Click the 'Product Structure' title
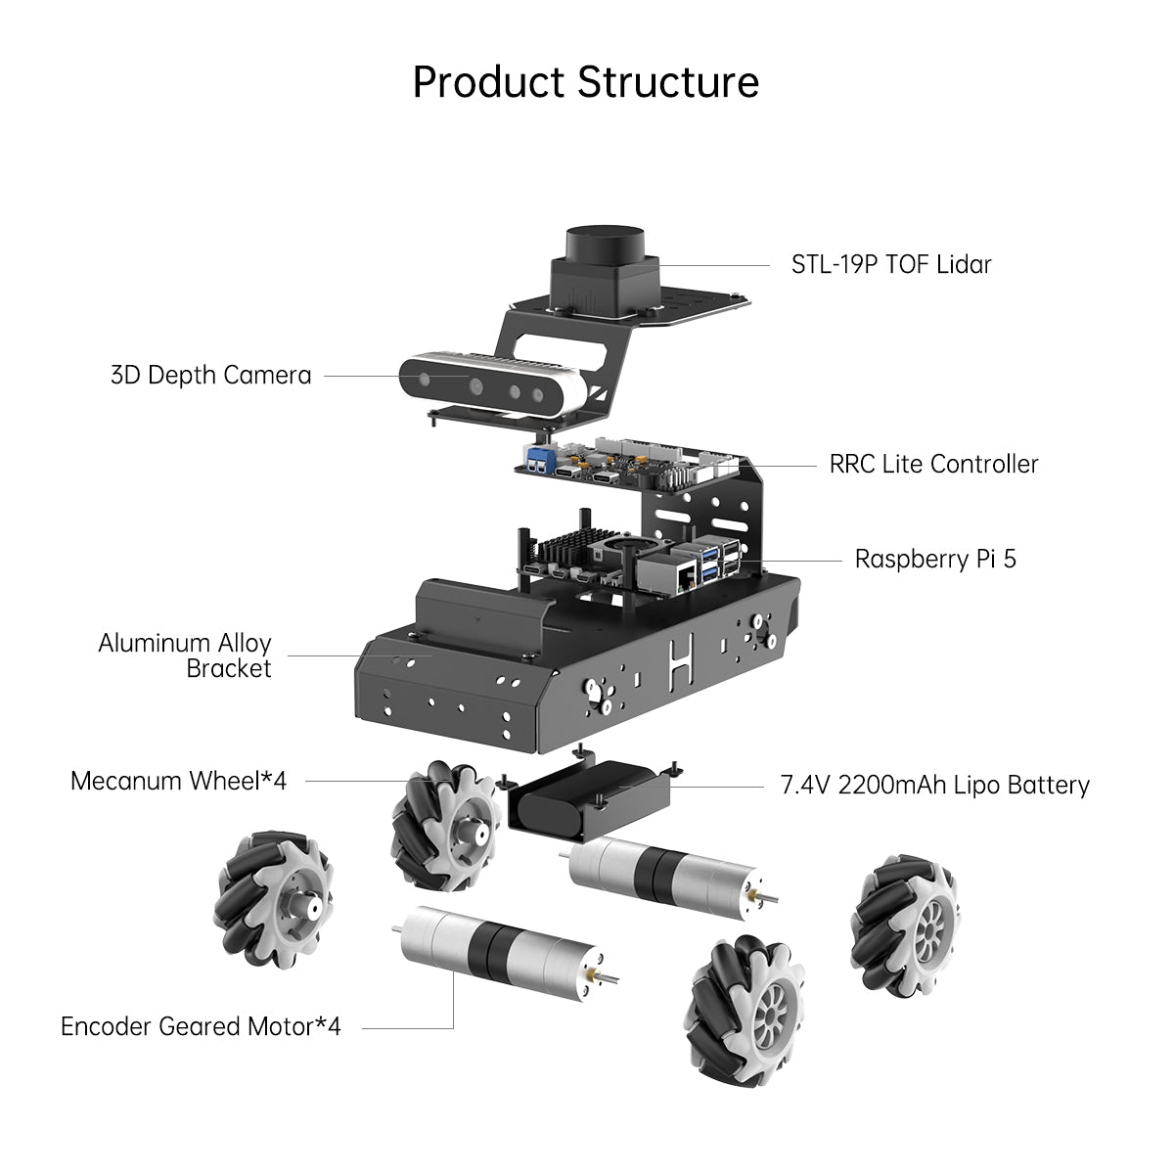(585, 82)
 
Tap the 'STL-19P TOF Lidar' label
(891, 264)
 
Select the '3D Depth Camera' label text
(210, 375)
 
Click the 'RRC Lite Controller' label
(933, 464)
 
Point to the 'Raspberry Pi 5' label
(935, 559)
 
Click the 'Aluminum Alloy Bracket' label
(186, 655)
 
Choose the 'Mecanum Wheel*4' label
(178, 781)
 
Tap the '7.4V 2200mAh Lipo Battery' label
(934, 785)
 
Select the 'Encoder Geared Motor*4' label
(201, 1026)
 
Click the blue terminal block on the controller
(539, 461)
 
